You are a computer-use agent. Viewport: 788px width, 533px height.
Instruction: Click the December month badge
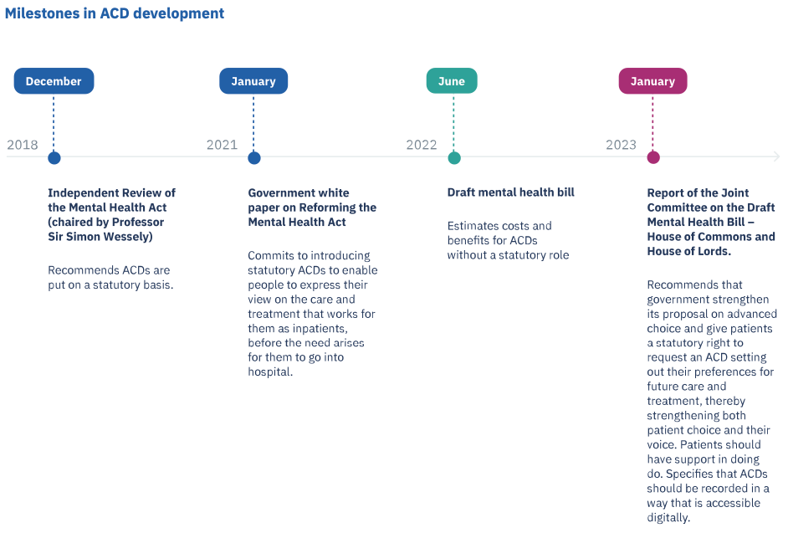pos(54,81)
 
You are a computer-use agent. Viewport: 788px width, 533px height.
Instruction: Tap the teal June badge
pos(452,81)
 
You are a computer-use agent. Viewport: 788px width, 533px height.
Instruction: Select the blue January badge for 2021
pos(253,81)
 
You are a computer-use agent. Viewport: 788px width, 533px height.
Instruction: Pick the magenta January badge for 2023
pos(652,81)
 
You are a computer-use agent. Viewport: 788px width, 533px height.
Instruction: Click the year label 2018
pos(22,145)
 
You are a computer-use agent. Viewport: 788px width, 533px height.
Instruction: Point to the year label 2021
pos(222,145)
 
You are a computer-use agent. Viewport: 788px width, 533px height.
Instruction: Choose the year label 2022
pos(422,145)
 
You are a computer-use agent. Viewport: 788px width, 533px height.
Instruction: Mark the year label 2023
pos(622,145)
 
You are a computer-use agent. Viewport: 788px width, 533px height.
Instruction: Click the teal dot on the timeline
pos(454,158)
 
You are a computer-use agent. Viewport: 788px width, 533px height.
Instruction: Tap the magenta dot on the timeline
pos(653,157)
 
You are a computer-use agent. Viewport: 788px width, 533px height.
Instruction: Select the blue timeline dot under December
pos(54,158)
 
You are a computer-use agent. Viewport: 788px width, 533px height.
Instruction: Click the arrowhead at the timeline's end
pos(777,156)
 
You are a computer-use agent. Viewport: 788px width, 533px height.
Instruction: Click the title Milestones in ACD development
pos(115,13)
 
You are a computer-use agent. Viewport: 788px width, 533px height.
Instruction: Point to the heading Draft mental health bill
pos(510,192)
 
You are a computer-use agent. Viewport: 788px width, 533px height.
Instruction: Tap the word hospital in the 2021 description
pos(270,372)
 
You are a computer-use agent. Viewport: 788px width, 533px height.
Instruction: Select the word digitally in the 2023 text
pos(668,518)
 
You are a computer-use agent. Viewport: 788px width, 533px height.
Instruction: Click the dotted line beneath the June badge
pos(453,123)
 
